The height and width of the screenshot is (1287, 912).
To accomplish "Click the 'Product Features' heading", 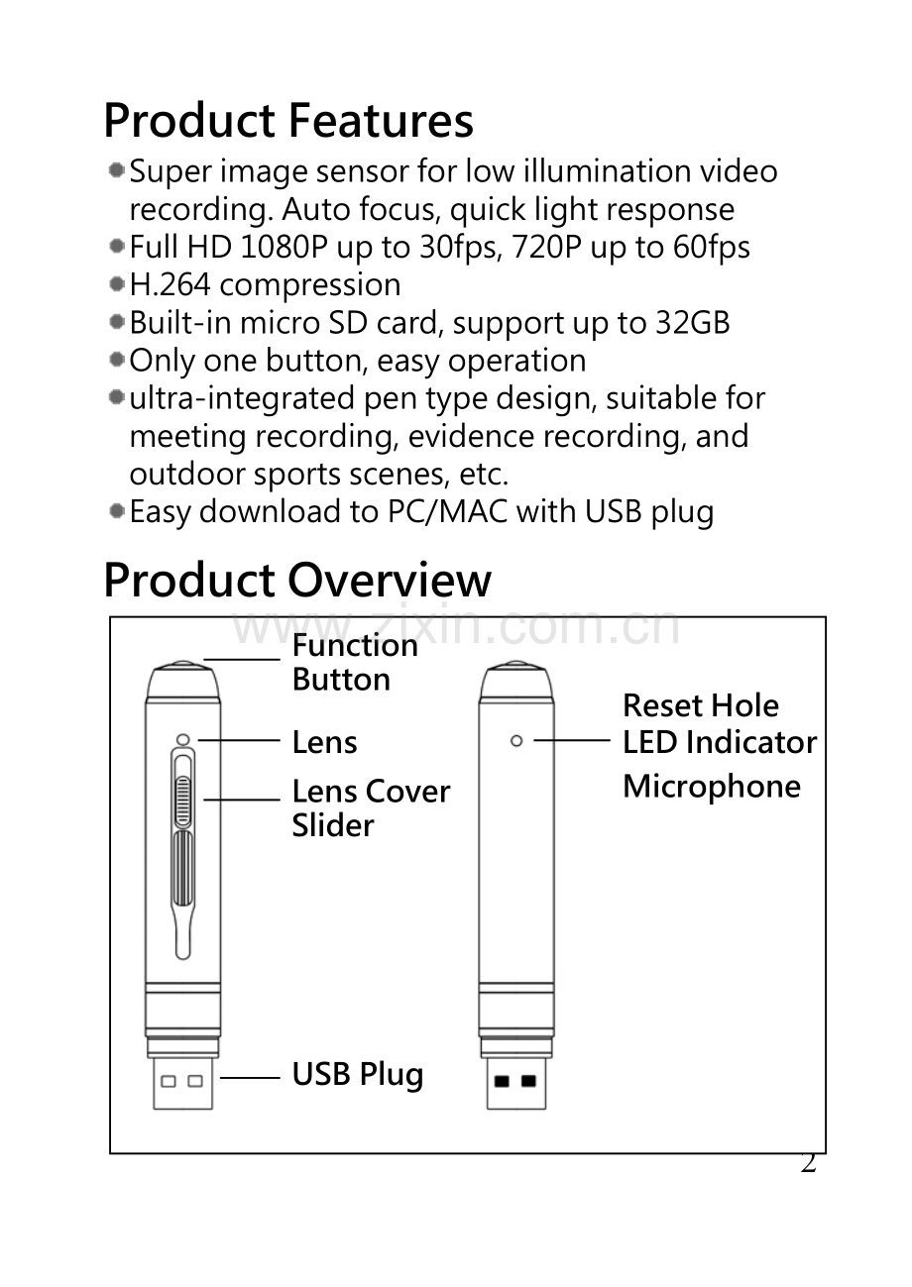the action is [x=288, y=121].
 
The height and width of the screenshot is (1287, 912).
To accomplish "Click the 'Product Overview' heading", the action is [x=297, y=580].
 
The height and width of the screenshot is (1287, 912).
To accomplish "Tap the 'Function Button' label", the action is [x=355, y=663].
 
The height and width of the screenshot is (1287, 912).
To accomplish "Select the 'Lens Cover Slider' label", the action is [x=371, y=808].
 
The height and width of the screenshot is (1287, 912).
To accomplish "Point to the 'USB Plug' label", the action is [x=358, y=1075].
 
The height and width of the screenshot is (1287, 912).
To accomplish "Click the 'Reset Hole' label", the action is [x=701, y=705].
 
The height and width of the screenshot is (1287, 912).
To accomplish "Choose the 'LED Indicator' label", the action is [x=720, y=742].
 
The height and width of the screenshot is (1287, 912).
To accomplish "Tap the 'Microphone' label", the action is [x=712, y=786].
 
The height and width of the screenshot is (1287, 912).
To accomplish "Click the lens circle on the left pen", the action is [x=182, y=739].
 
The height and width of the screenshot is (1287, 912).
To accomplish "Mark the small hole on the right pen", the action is [x=516, y=741].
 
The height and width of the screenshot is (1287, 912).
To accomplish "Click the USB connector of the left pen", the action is [x=182, y=1083].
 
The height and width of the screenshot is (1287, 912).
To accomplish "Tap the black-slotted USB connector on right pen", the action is [x=516, y=1083].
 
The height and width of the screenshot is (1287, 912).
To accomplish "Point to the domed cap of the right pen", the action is [x=516, y=681].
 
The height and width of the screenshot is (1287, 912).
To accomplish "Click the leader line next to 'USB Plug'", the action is [x=250, y=1078].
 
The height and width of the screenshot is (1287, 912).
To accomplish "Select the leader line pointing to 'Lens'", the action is [x=239, y=740].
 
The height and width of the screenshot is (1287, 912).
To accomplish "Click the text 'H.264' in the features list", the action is [x=170, y=284].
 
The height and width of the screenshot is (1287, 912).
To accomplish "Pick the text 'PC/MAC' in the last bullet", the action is [x=447, y=511].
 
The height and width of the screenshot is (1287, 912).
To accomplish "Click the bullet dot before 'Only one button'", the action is [x=117, y=361].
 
